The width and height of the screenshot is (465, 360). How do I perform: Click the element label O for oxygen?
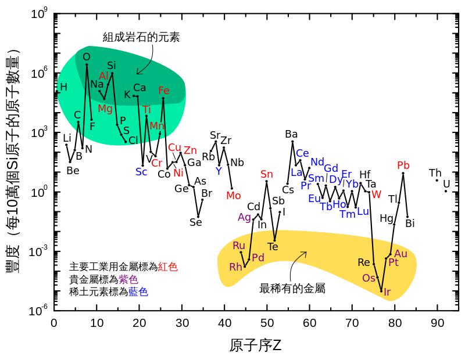tap(87, 57)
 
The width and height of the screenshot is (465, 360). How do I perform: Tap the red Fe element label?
tap(164, 91)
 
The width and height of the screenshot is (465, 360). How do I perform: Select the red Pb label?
tap(403, 165)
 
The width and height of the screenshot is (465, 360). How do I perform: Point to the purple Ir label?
tap(387, 292)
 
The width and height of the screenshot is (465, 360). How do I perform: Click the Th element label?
tap(435, 173)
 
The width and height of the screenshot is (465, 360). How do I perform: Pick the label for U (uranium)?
tap(446, 184)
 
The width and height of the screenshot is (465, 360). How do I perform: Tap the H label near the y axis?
tap(63, 87)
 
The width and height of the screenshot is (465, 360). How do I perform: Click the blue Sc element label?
tap(141, 171)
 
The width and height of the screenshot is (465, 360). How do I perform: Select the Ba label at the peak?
tap(291, 134)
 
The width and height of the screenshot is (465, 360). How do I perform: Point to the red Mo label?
tap(233, 196)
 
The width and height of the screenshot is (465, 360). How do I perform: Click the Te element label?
tap(273, 247)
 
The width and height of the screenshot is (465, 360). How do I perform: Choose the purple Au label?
tap(400, 253)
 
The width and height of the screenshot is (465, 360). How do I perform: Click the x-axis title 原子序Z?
tap(255, 346)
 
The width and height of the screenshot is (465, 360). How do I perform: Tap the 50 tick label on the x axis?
tap(267, 322)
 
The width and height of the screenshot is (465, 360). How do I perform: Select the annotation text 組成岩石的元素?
tap(141, 37)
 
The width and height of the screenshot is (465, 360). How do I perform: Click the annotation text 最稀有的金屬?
tap(292, 288)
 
